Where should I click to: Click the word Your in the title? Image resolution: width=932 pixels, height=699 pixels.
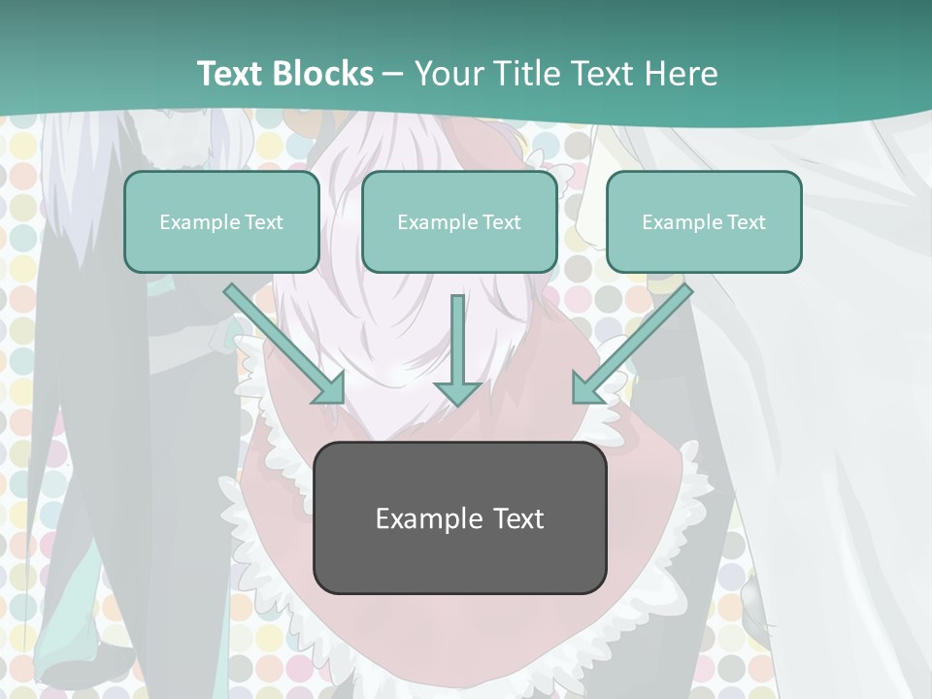(450, 74)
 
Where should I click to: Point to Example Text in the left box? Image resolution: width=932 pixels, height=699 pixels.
(221, 222)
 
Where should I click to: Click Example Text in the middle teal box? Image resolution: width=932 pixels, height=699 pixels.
(459, 222)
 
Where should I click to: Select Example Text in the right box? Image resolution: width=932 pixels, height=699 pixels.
(704, 222)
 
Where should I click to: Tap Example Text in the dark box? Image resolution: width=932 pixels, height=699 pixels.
(459, 518)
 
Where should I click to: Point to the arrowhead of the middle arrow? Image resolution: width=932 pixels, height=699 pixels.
(458, 391)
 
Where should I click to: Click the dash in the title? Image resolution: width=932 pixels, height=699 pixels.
(393, 74)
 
